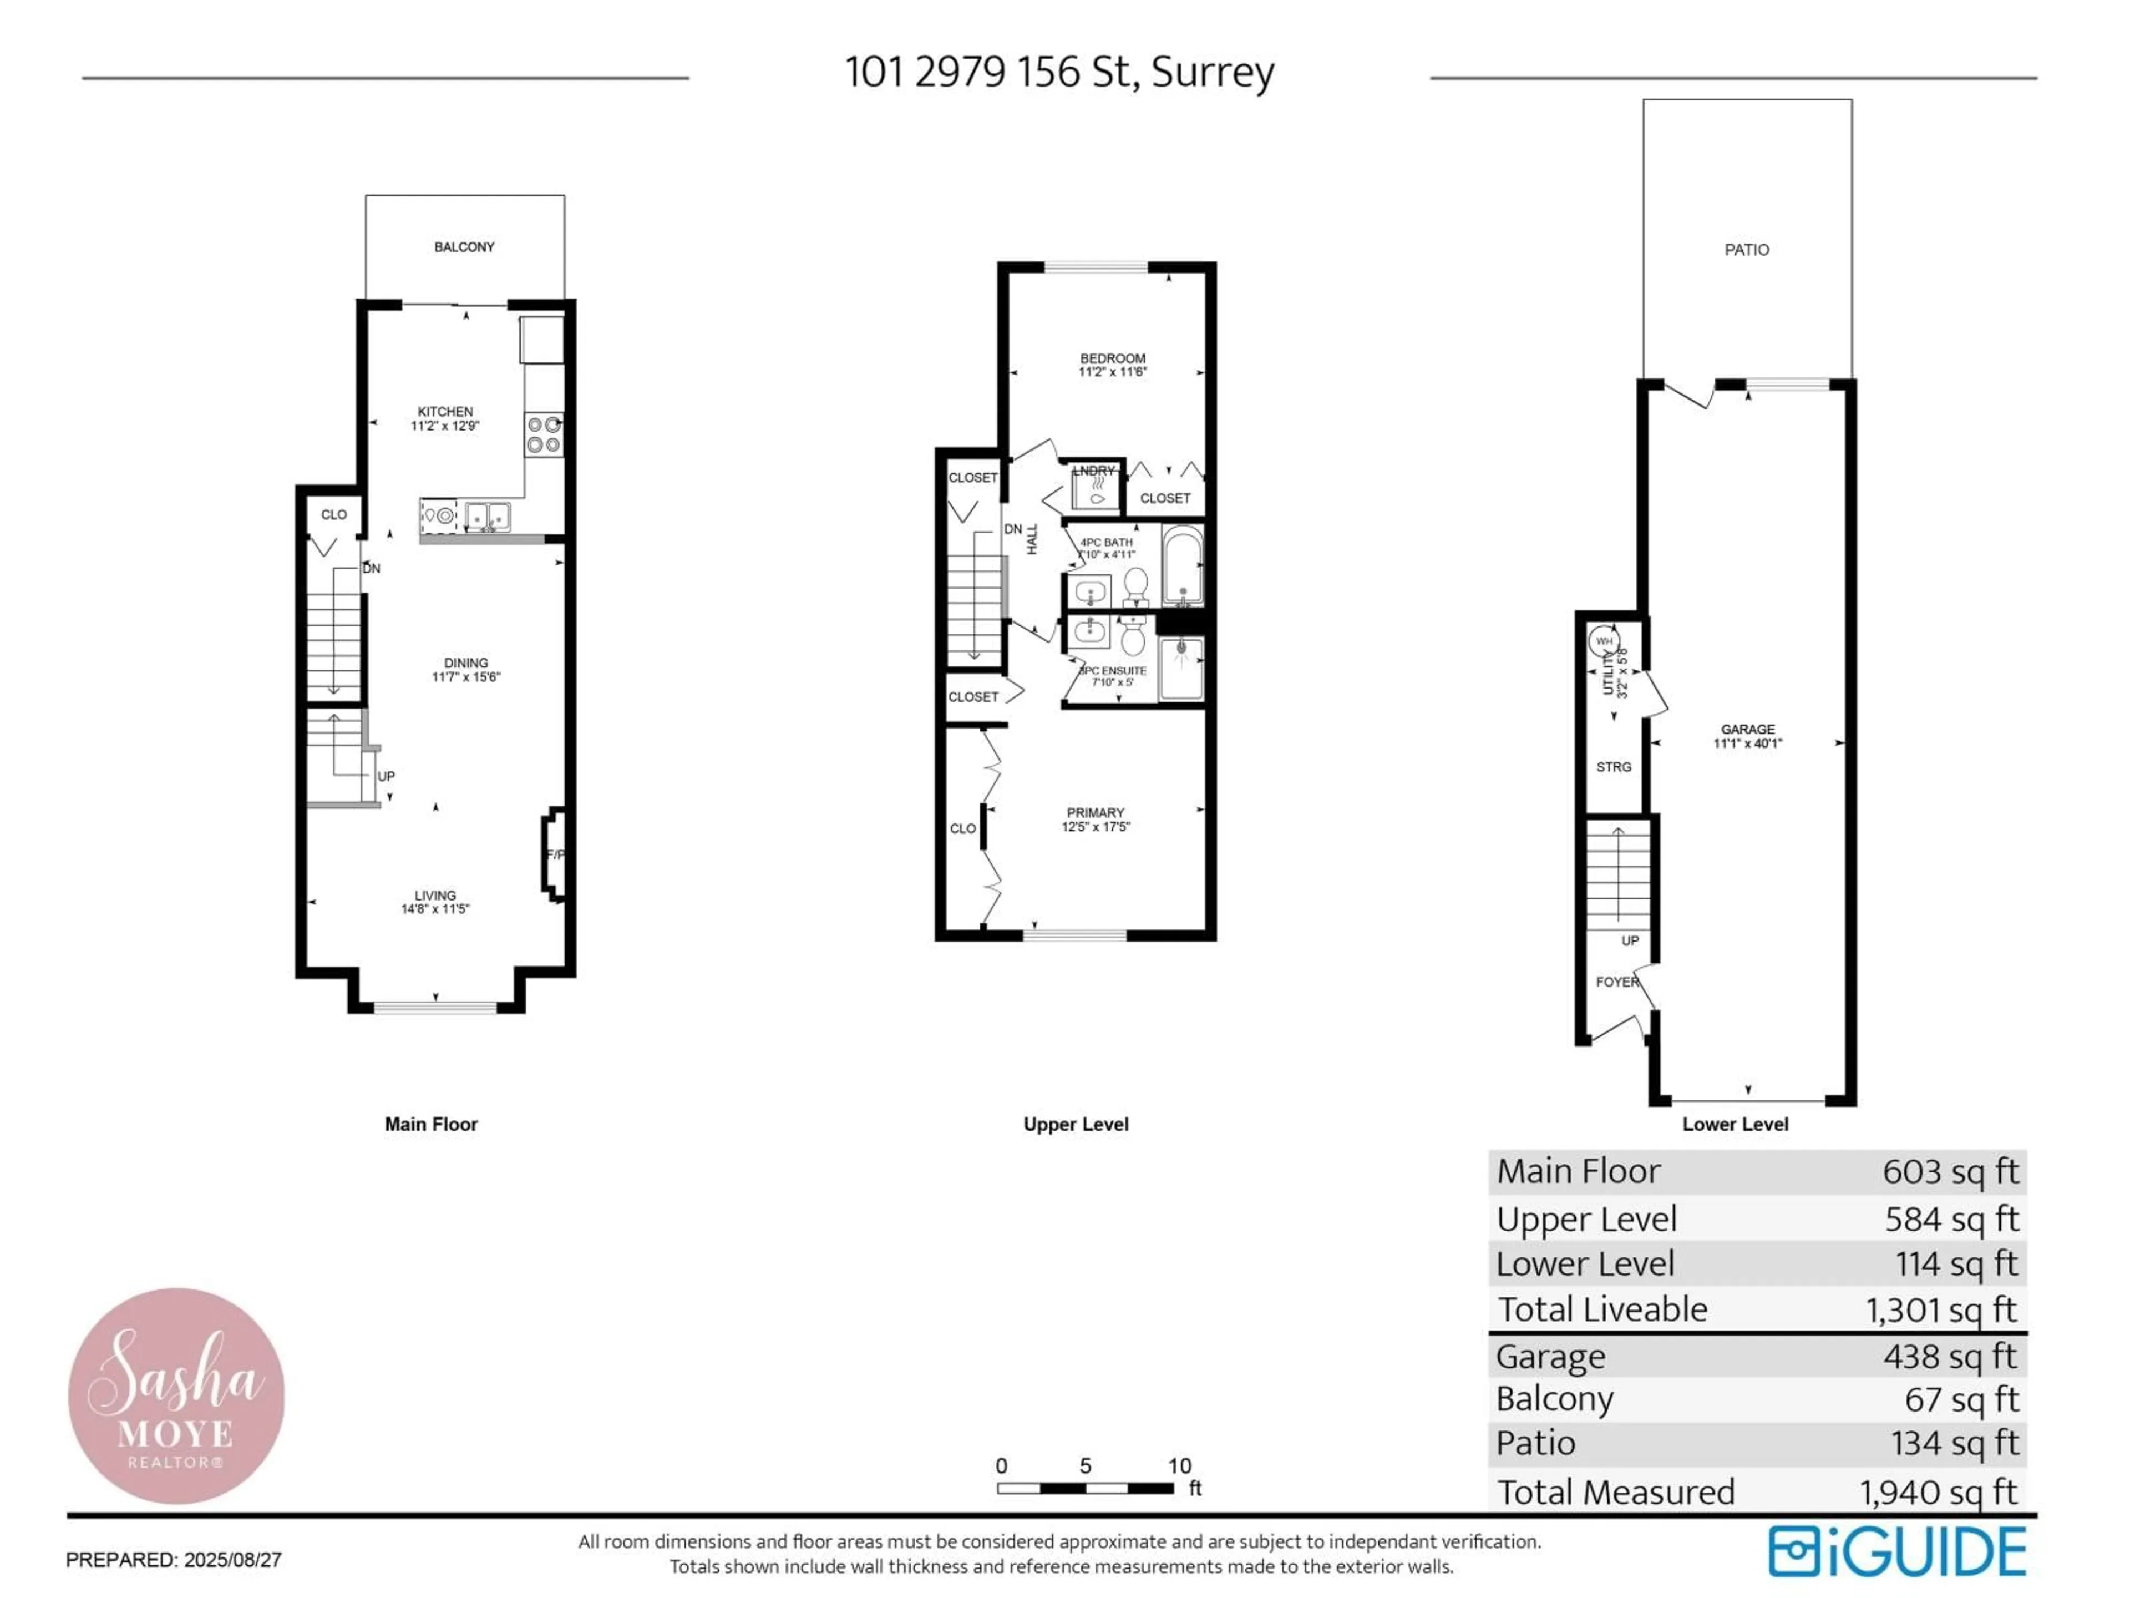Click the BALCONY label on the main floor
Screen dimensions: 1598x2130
pos(464,247)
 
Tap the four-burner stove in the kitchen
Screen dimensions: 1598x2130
pos(544,434)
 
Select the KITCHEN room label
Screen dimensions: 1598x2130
pos(445,411)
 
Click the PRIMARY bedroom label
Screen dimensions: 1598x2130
pos(1095,813)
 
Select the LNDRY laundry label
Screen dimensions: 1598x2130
pos(1094,471)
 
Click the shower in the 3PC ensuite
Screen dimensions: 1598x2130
pos(1180,667)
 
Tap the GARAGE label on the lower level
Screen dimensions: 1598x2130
pos(1748,729)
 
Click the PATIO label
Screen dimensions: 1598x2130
pos(1747,250)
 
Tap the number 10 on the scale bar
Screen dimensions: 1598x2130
pos(1180,1466)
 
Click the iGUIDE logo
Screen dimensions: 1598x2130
pos(1897,1552)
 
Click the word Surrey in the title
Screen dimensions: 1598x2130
pos(1213,72)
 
